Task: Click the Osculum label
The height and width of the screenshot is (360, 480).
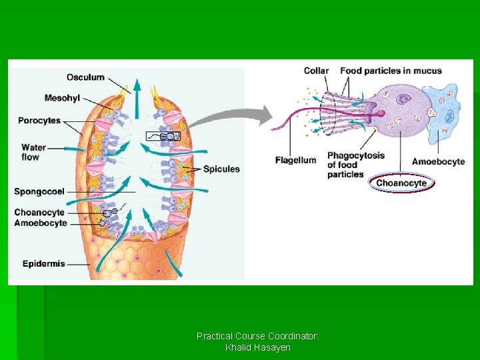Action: pyautogui.click(x=85, y=77)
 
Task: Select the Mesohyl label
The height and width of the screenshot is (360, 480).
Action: pyautogui.click(x=62, y=98)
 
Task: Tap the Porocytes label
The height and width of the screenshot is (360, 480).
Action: pyautogui.click(x=39, y=121)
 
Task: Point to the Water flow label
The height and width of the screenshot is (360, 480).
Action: pyautogui.click(x=33, y=152)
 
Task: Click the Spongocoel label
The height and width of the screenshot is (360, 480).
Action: pyautogui.click(x=39, y=191)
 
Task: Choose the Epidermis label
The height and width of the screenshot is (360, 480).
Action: pyautogui.click(x=44, y=263)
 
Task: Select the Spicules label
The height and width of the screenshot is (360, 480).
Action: pyautogui.click(x=221, y=169)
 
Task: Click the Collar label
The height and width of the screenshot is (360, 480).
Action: pyautogui.click(x=316, y=71)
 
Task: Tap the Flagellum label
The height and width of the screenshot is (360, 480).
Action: pyautogui.click(x=295, y=160)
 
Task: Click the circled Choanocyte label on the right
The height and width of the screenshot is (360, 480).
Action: pyautogui.click(x=401, y=183)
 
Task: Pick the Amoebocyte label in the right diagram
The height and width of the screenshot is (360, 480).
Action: pyautogui.click(x=438, y=161)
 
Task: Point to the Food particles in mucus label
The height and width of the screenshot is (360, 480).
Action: pyautogui.click(x=391, y=71)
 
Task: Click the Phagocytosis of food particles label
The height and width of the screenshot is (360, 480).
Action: pyautogui.click(x=355, y=165)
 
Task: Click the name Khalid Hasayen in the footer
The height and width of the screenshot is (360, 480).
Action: pyautogui.click(x=257, y=348)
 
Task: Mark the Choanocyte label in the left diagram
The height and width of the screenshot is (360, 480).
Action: pyautogui.click(x=39, y=213)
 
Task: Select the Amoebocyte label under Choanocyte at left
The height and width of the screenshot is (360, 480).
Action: pyautogui.click(x=41, y=223)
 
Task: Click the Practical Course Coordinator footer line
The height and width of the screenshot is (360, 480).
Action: pyautogui.click(x=257, y=336)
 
